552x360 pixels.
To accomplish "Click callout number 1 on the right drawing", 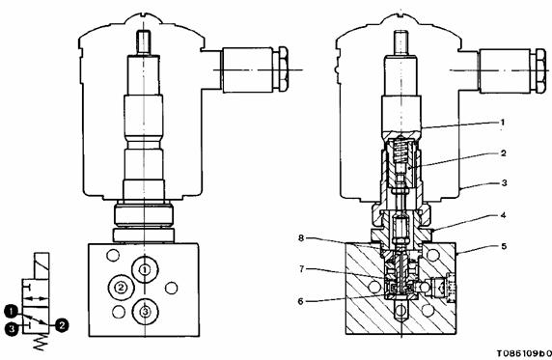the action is pyautogui.click(x=503, y=123).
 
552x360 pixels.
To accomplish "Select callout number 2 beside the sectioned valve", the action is pyautogui.click(x=503, y=152).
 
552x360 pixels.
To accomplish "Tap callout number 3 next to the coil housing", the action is pyautogui.click(x=504, y=182).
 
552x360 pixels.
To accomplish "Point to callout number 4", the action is pyautogui.click(x=503, y=215).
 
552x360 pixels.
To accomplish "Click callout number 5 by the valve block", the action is pyautogui.click(x=504, y=246).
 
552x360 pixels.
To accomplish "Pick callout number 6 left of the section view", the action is pyautogui.click(x=300, y=301).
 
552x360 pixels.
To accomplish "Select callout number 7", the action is pyautogui.click(x=301, y=269).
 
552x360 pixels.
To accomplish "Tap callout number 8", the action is pyautogui.click(x=301, y=238).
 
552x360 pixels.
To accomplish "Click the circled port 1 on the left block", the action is pyautogui.click(x=145, y=270).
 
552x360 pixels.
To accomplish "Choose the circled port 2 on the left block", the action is pyautogui.click(x=122, y=288).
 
